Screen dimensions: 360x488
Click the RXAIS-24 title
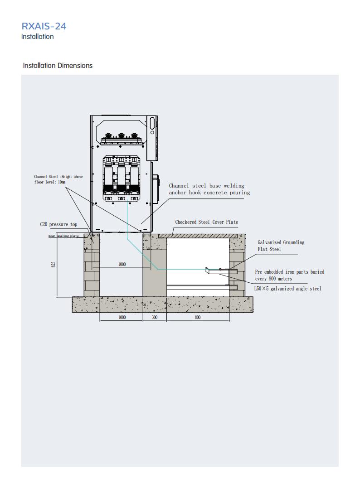(44, 26)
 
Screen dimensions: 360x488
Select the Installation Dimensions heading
(58, 66)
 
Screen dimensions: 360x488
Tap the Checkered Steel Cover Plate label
(206, 222)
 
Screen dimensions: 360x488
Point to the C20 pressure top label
(58, 224)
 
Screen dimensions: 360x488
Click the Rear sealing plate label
(63, 236)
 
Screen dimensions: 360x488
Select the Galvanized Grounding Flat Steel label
(281, 246)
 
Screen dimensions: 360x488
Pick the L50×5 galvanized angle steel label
(287, 289)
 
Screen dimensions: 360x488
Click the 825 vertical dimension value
(53, 264)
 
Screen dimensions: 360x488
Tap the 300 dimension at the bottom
(155, 318)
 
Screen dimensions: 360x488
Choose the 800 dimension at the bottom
(198, 318)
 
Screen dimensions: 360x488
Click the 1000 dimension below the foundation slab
(122, 318)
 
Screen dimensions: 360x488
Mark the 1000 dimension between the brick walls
(122, 265)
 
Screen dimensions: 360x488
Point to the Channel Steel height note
(58, 179)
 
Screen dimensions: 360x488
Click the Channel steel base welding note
(209, 189)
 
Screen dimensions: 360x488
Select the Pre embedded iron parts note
(290, 275)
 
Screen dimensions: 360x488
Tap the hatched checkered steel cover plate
(198, 236)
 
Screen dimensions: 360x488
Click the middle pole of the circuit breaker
(122, 178)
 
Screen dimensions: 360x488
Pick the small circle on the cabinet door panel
(152, 133)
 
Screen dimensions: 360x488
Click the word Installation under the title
(37, 37)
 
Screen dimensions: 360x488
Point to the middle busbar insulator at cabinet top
(121, 136)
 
